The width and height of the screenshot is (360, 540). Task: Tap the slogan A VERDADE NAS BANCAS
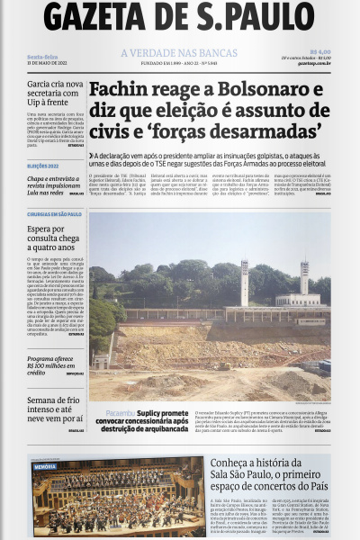click(x=179, y=53)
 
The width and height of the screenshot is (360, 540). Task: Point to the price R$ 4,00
click(x=319, y=52)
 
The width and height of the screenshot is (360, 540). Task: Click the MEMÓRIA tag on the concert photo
click(x=45, y=467)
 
